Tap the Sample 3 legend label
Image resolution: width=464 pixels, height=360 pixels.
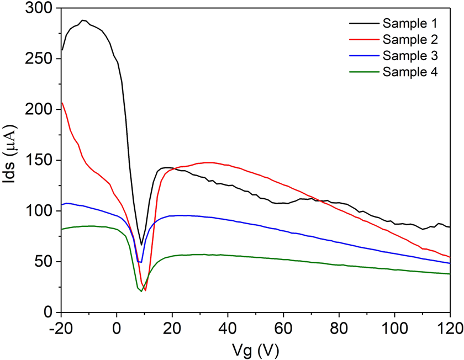coord(409,55)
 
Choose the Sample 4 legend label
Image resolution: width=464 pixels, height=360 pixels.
coord(409,71)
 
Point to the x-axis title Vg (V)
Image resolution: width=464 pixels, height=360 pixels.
coord(255,349)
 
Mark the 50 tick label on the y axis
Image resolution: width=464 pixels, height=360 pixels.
coord(44,262)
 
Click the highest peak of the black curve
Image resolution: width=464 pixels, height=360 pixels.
coord(83,20)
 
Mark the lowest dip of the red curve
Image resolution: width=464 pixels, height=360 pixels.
coord(145,290)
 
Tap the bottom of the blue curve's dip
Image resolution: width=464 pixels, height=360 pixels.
coord(140,262)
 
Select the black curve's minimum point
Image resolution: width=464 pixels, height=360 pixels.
coord(141,245)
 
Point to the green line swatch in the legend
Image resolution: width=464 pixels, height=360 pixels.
coord(362,71)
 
